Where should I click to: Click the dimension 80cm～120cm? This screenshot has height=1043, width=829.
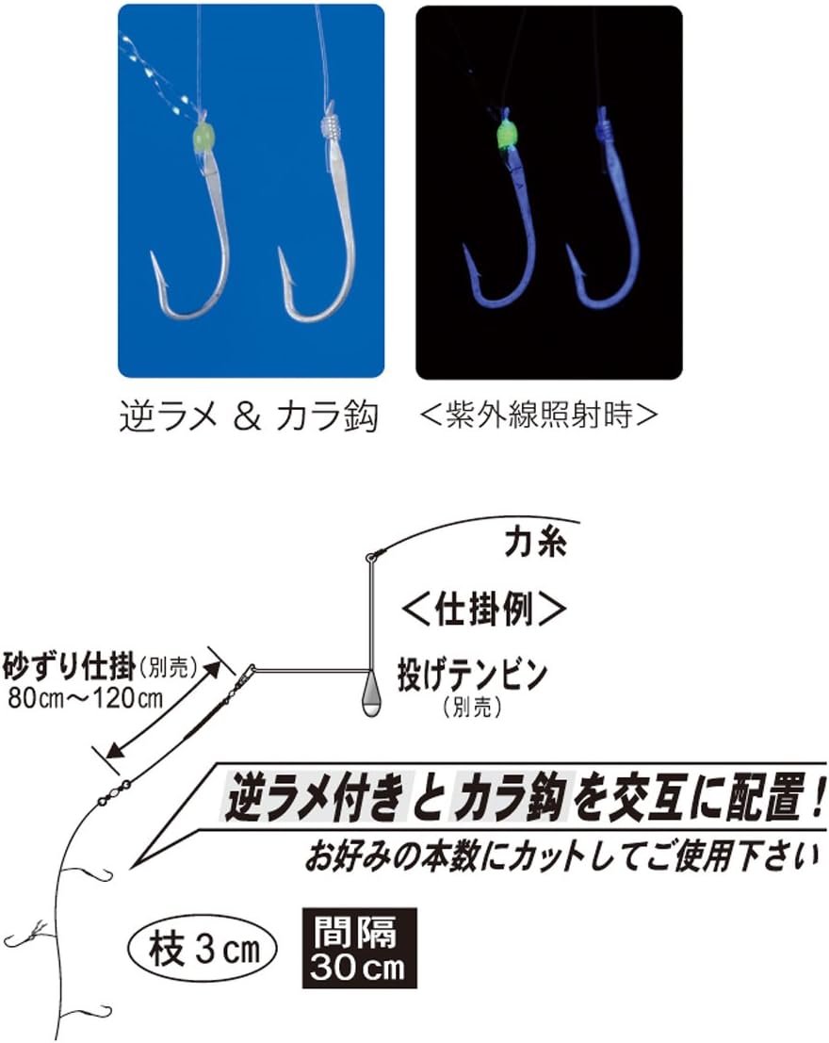click(x=86, y=699)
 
